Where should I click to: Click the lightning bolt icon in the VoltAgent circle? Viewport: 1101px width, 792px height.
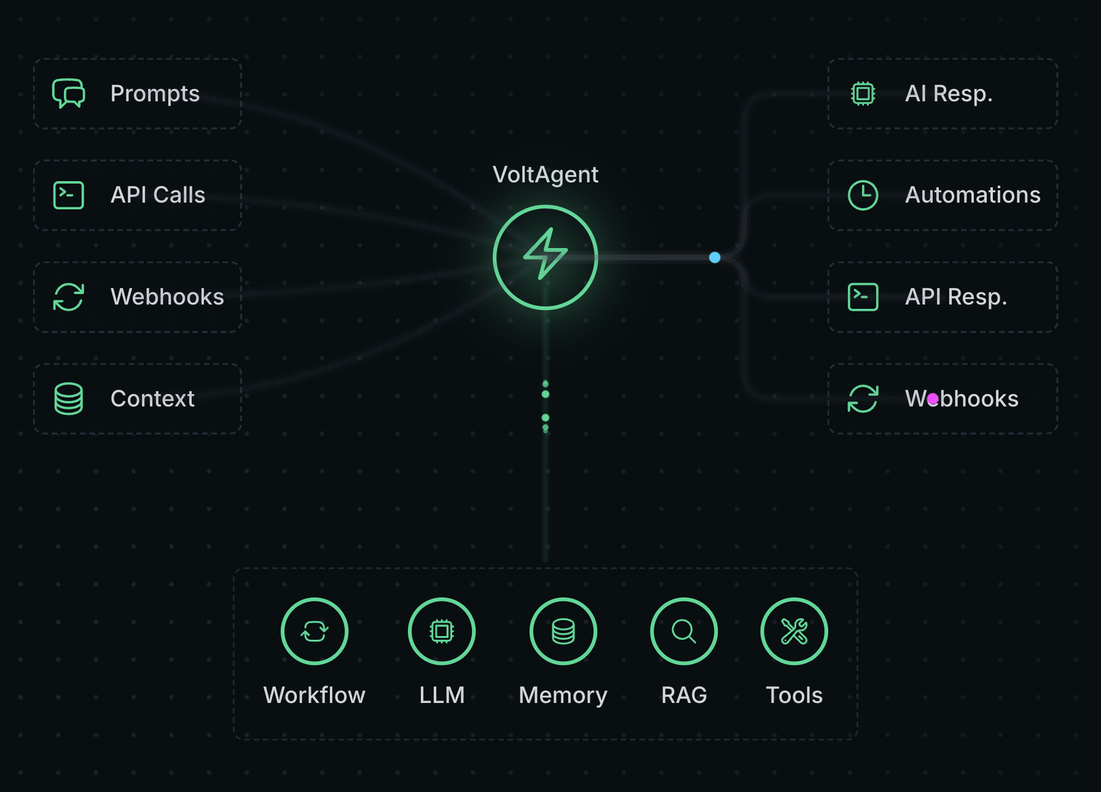(x=546, y=254)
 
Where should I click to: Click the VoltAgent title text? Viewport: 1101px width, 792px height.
(x=546, y=175)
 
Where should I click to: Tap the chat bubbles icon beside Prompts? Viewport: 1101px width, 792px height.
(x=69, y=93)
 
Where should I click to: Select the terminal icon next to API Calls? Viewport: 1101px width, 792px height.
(x=69, y=195)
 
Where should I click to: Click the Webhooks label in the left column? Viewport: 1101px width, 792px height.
(x=167, y=297)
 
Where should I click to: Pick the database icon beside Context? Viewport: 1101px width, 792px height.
(x=69, y=399)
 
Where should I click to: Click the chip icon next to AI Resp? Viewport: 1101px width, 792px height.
(x=863, y=93)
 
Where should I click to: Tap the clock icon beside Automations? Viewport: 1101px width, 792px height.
(x=863, y=195)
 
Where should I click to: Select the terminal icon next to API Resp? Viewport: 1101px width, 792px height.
(x=863, y=297)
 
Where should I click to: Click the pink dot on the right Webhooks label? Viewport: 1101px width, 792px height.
(x=933, y=399)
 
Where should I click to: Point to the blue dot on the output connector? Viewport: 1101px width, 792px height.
(x=715, y=257)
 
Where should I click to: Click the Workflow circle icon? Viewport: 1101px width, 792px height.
(x=315, y=631)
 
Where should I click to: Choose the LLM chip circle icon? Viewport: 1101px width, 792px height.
(x=442, y=631)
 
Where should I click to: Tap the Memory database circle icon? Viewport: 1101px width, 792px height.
(x=563, y=631)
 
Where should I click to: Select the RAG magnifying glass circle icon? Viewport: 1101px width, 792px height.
(x=684, y=631)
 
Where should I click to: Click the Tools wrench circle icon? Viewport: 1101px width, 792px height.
(x=794, y=631)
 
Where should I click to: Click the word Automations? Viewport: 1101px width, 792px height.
(x=973, y=195)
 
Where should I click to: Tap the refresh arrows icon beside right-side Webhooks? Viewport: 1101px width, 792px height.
(x=863, y=399)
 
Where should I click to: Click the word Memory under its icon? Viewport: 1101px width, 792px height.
(x=563, y=696)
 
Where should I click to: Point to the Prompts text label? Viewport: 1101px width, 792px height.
(x=155, y=93)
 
